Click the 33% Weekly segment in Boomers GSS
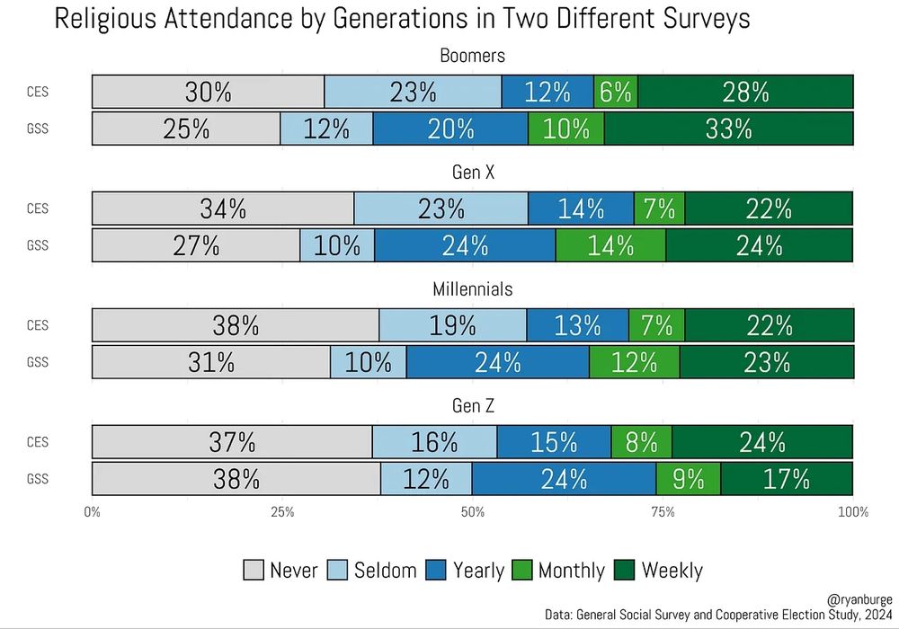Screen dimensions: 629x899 (x=728, y=128)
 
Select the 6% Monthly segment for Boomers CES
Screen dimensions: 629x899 (x=616, y=92)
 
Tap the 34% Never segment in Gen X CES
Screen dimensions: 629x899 (x=223, y=208)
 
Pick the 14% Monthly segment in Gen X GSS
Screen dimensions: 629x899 (x=610, y=245)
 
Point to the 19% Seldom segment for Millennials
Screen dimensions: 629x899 (x=452, y=325)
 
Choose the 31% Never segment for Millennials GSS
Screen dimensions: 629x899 (x=211, y=362)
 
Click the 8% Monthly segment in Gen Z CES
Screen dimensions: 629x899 (x=642, y=442)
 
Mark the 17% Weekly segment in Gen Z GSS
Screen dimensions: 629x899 (x=787, y=479)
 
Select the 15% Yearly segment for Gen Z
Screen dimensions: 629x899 (x=554, y=442)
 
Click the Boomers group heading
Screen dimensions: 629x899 (x=472, y=56)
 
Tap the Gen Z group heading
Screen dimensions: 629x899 (x=472, y=406)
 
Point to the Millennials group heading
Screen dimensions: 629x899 (x=472, y=289)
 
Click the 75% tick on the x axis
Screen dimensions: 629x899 (x=663, y=512)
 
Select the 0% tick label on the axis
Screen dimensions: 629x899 (x=92, y=512)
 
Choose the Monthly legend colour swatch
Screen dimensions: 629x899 (x=523, y=570)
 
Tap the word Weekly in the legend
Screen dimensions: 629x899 (x=672, y=570)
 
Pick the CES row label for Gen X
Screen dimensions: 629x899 (x=38, y=208)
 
